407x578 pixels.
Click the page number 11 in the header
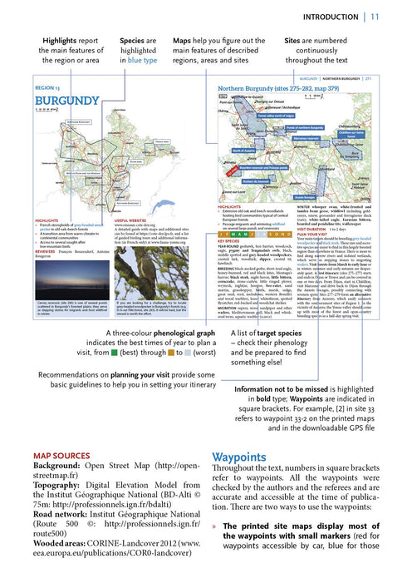(x=375, y=17)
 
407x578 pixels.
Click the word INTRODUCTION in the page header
(x=331, y=17)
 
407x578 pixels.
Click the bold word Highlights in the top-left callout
(x=64, y=39)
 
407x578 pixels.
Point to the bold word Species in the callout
(x=135, y=39)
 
